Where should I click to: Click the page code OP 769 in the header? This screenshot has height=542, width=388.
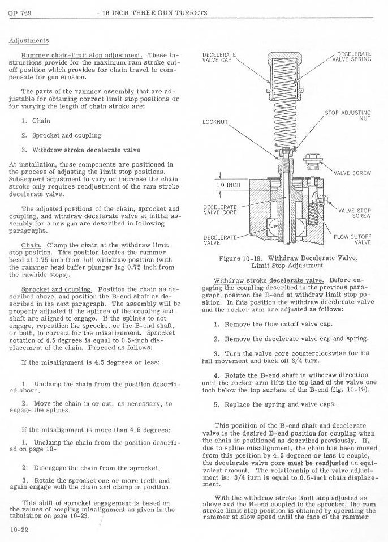pyautogui.click(x=19, y=13)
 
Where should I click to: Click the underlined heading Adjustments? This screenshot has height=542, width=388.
pyautogui.click(x=28, y=40)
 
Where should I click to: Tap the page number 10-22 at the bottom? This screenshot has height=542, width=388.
pyautogui.click(x=19, y=529)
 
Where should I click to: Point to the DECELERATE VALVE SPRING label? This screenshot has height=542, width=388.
pyautogui.click(x=352, y=56)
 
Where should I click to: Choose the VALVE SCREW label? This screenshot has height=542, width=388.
pyautogui.click(x=352, y=173)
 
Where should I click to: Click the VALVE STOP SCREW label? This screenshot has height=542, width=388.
pyautogui.click(x=355, y=213)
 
